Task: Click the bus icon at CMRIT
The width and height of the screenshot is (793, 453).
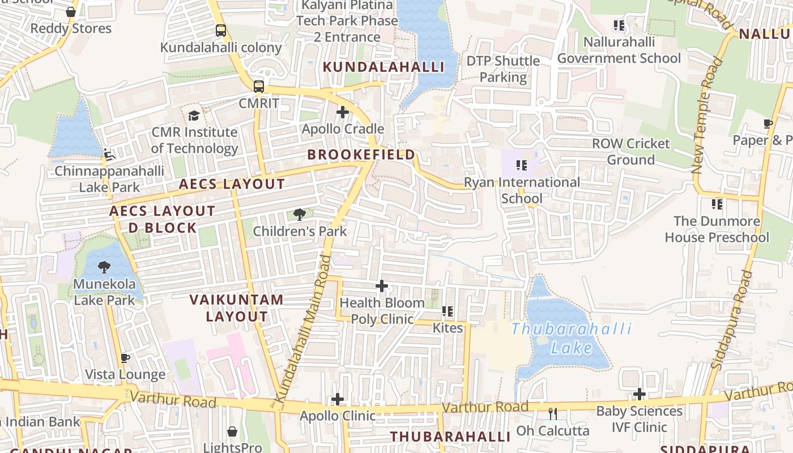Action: click(x=258, y=87)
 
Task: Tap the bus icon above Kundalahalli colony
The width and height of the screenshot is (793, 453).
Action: click(x=221, y=31)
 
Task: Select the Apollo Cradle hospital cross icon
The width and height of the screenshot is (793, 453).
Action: click(x=343, y=112)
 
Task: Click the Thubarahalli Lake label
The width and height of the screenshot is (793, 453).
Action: click(x=571, y=338)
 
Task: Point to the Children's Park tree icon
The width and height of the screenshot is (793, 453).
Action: click(x=300, y=215)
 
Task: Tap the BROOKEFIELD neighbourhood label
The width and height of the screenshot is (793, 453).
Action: click(x=361, y=155)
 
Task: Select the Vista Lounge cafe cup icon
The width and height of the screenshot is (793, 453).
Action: click(x=125, y=358)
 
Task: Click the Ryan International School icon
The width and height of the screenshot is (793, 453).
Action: click(x=522, y=165)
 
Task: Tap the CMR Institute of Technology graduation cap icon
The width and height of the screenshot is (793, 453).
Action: click(x=194, y=116)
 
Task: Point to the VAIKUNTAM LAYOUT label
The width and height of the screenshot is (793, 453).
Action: click(x=236, y=308)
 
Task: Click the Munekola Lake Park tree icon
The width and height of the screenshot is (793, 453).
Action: click(x=104, y=267)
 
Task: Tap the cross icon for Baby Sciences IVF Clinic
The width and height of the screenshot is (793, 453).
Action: click(x=639, y=394)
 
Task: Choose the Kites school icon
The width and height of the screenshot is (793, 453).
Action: click(x=447, y=311)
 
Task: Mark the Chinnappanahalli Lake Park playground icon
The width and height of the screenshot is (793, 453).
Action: click(x=109, y=154)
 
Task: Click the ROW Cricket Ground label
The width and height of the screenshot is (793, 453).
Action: click(x=630, y=152)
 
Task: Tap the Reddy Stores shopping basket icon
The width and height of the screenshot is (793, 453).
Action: click(x=71, y=12)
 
